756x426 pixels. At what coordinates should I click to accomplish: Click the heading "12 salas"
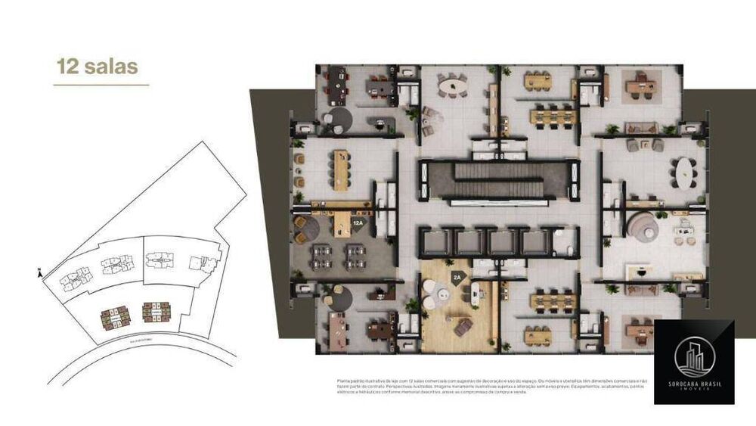pos(97,66)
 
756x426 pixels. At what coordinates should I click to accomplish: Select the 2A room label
pos(457,278)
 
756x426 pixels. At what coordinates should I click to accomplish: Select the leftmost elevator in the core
pos(436,242)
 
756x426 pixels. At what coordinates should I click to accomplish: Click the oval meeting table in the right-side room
pos(686,172)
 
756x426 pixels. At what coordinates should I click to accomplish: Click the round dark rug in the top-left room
pos(336,120)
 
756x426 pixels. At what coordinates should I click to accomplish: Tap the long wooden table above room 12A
pos(341,169)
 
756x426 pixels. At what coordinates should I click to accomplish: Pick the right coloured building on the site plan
pos(156,312)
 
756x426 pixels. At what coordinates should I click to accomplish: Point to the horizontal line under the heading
pos(101,85)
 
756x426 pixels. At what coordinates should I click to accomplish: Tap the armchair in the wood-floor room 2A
pos(463,326)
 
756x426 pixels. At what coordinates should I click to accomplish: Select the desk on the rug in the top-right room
pos(642,86)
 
